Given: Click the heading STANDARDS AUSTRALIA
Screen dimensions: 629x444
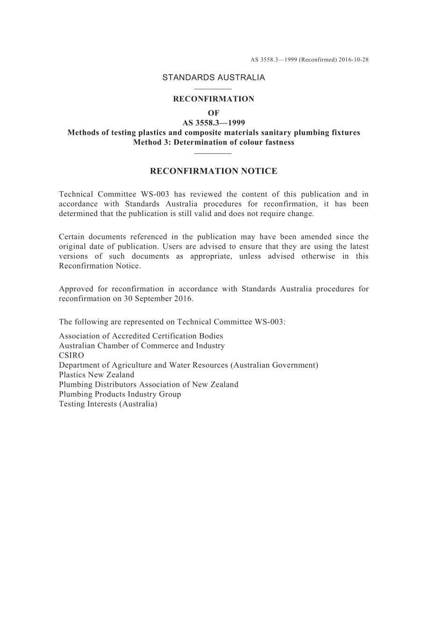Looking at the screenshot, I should (213, 78).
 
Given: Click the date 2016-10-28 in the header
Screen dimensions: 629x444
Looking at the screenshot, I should (354, 60).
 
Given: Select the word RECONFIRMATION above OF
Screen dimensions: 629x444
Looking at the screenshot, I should (214, 99).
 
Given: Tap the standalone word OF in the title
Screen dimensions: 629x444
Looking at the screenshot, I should (213, 113).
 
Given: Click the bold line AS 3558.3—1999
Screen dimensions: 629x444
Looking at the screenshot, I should (214, 123).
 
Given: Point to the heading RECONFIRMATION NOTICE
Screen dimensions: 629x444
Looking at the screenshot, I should (214, 171).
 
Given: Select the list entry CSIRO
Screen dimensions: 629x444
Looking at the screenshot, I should (72, 355).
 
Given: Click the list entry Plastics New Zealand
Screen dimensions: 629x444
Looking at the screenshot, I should (96, 375).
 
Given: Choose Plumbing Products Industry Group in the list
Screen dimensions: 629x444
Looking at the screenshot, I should (120, 394).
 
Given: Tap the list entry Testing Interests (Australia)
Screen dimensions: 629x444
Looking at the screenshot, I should (108, 404).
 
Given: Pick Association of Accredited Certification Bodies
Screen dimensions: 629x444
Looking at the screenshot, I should (141, 336).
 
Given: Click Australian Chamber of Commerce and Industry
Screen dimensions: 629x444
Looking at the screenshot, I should (142, 346).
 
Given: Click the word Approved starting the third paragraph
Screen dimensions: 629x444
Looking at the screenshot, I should (75, 289).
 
